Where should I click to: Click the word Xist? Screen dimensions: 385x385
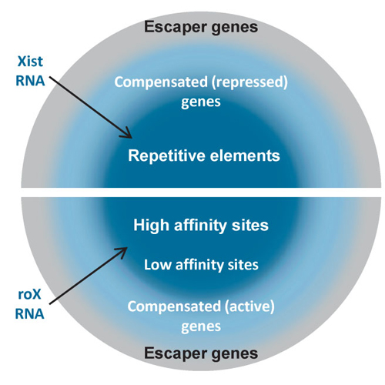click(30, 62)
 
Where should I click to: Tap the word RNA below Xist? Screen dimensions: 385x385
click(30, 81)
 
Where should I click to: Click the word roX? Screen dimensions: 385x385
click(29, 295)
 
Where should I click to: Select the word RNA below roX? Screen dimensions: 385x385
click(30, 313)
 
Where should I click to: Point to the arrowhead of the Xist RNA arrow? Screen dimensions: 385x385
click(127, 134)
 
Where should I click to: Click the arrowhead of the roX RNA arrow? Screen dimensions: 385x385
click(122, 252)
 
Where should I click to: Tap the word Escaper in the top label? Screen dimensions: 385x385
click(173, 28)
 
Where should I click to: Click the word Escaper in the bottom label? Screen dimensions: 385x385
click(173, 353)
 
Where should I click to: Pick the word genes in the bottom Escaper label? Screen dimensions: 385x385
click(233, 354)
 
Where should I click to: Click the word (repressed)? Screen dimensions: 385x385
click(249, 82)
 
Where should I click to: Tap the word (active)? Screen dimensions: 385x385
click(249, 306)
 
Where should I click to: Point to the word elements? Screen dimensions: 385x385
click(245, 156)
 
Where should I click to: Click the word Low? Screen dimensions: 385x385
click(158, 265)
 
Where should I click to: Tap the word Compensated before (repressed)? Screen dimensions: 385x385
click(161, 82)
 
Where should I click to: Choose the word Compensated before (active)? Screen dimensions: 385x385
click(174, 306)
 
